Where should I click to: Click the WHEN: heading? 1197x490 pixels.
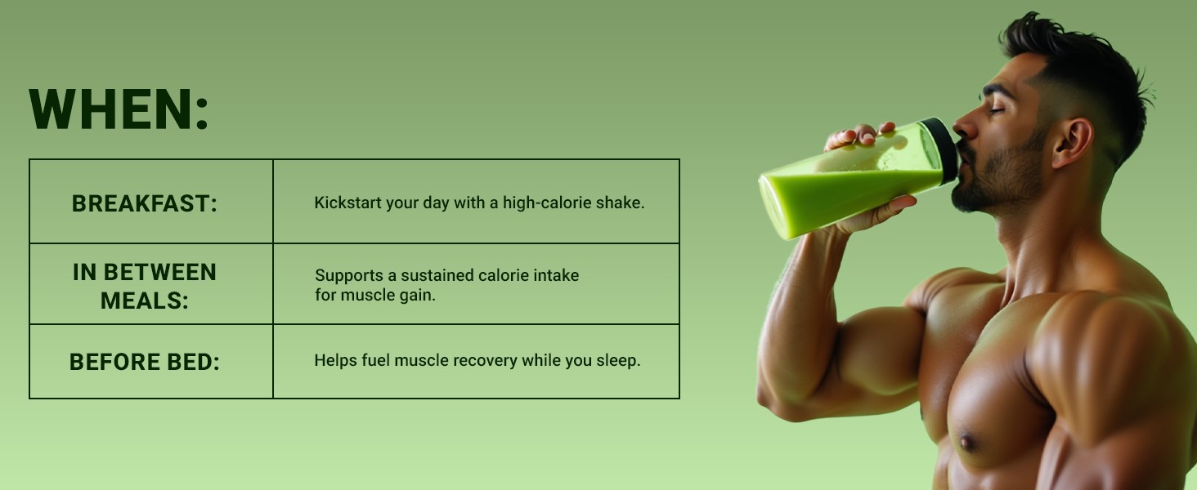coord(118,109)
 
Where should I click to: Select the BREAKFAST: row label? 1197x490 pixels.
coord(145,203)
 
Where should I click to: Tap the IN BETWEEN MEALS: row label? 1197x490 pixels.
coord(145,286)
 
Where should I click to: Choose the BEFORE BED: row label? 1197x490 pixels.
coord(145,362)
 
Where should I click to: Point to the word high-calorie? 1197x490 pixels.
coord(547,203)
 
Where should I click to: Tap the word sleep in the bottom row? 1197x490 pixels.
coord(618,361)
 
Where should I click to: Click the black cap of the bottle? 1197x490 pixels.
coord(942,150)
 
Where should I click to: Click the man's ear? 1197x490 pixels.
coord(1073,143)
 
